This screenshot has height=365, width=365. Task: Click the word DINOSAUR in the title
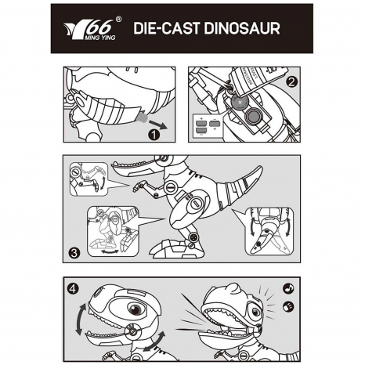pos(242,28)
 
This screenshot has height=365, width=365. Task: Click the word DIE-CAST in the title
pos(167,28)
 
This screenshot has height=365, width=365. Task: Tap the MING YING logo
pos(92,29)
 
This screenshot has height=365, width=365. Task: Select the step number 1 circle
pos(154,135)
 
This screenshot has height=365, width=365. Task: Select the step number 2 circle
pos(291,82)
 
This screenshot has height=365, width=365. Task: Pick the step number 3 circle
pos(74,253)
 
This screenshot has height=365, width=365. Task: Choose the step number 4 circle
pos(73,288)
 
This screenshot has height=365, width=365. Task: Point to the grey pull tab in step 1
pos(142,117)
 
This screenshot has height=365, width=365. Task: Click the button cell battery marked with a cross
pos(240,103)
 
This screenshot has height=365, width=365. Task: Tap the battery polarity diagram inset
pos(208,126)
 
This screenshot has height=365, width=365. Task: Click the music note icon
pos(288,288)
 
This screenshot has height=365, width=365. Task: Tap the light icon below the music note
pos(288,306)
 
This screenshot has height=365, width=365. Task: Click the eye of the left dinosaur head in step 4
pos(136,309)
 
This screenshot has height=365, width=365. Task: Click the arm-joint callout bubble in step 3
pos(89,179)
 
